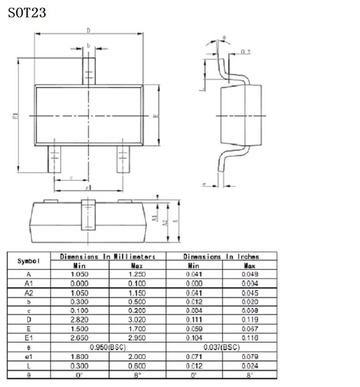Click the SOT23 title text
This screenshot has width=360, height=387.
pyautogui.click(x=27, y=12)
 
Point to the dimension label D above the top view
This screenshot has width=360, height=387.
pyautogui.click(x=88, y=31)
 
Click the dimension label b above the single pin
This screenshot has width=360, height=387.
pyautogui.click(x=89, y=45)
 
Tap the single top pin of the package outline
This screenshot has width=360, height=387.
pyautogui.click(x=89, y=70)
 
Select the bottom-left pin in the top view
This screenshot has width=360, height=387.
pyautogui.click(x=54, y=159)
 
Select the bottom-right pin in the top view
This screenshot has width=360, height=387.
pyautogui.click(x=122, y=159)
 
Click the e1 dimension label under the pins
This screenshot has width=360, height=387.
pyautogui.click(x=88, y=188)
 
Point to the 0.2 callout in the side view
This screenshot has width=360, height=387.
pyautogui.click(x=245, y=51)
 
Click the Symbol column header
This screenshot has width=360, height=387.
pyautogui.click(x=28, y=261)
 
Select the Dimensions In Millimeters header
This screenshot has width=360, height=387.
pyautogui.click(x=108, y=257)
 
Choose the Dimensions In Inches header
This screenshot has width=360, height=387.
pyautogui.click(x=221, y=257)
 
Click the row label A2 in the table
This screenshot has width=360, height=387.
pyautogui.click(x=28, y=293)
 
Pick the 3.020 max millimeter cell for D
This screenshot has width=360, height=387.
pyautogui.click(x=137, y=320)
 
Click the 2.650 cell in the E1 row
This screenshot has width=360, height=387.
pyautogui.click(x=79, y=338)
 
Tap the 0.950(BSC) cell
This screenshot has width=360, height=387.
pyautogui.click(x=108, y=347)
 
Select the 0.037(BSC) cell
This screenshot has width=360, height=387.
pyautogui.click(x=221, y=347)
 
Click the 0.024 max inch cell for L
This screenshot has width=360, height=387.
pyautogui.click(x=249, y=366)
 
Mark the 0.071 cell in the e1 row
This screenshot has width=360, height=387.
pyautogui.click(x=194, y=356)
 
